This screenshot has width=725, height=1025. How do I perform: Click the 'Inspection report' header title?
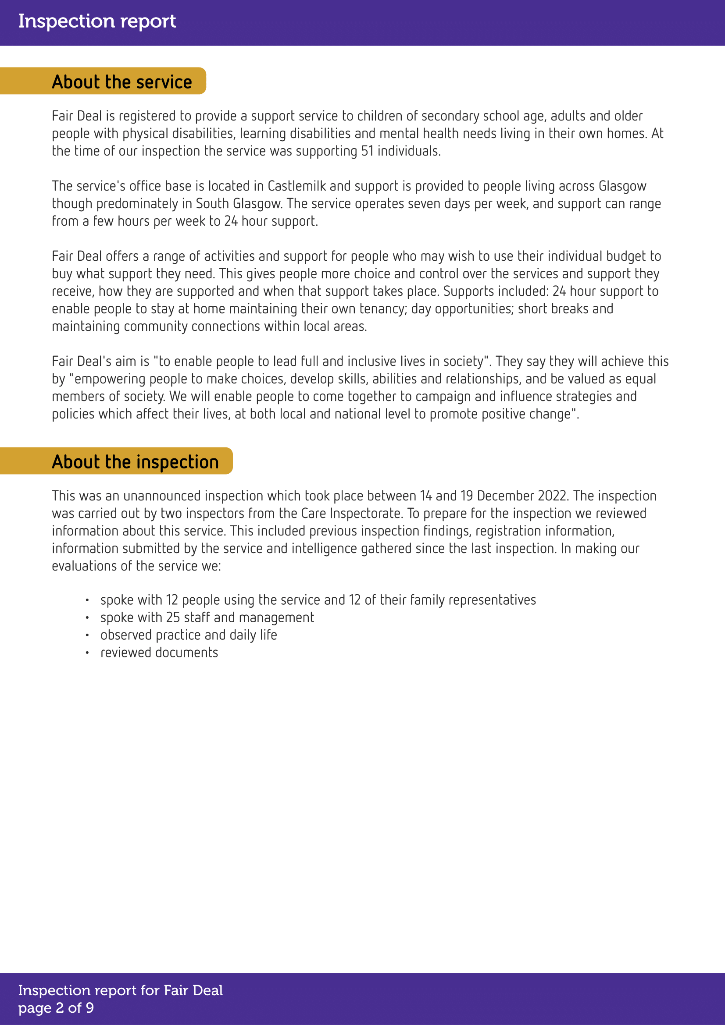(97, 21)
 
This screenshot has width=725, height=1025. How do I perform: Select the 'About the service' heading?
(121, 82)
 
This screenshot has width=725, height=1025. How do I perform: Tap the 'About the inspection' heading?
(135, 462)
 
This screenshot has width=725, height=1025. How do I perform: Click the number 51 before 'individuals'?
(367, 151)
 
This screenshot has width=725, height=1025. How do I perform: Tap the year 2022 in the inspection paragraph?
(554, 496)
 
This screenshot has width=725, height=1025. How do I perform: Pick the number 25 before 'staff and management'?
(173, 617)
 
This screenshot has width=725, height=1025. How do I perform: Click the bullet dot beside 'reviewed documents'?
(88, 653)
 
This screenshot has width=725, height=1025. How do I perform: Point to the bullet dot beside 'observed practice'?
(88, 635)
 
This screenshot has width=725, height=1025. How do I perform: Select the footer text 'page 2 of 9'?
(56, 1007)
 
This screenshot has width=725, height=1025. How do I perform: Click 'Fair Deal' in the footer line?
(193, 990)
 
